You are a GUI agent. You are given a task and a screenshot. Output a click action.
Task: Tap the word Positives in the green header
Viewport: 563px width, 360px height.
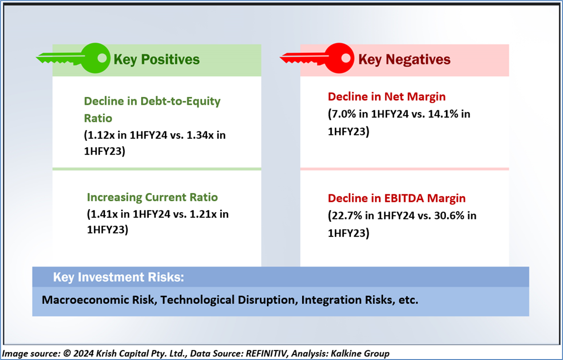171,59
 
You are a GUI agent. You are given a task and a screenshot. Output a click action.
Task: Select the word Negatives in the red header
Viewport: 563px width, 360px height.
418,59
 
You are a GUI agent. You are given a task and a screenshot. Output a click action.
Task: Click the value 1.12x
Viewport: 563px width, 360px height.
100,135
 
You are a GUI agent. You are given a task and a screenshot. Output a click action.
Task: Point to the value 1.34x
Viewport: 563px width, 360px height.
200,135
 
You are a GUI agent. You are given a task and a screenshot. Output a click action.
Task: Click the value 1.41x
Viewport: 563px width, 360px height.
104,214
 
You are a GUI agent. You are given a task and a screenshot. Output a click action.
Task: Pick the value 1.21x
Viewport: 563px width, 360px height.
203,214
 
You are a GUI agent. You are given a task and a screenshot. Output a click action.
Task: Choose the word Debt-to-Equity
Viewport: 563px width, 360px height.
180,101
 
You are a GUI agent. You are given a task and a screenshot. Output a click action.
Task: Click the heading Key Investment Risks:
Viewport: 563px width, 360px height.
119,277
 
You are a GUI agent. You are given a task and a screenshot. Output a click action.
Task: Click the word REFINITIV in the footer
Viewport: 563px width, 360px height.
267,353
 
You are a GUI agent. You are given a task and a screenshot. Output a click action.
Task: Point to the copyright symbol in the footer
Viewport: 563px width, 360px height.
67,353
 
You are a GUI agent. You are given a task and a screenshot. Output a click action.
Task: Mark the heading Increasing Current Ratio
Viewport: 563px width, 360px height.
152,197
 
